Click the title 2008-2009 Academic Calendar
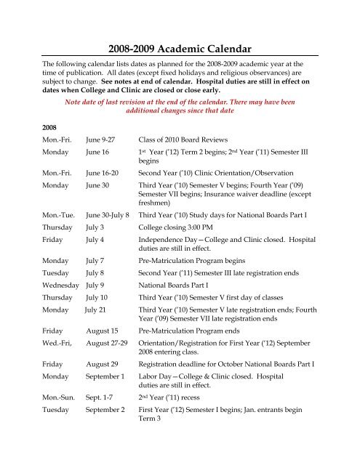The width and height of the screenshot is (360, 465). tap(180, 49)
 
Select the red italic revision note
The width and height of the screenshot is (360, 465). tap(180, 108)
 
